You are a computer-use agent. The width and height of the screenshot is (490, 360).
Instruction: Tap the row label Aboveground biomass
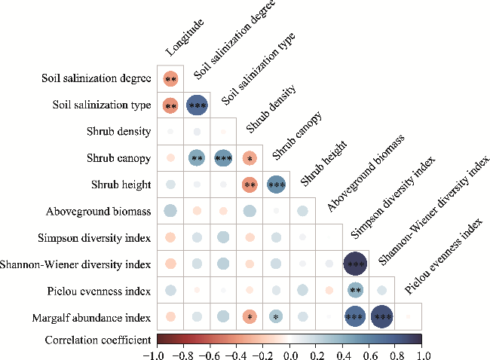tap(98, 211)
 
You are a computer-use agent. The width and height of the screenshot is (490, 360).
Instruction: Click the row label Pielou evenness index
tap(102, 290)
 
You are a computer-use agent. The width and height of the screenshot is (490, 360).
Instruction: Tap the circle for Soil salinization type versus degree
tap(197, 105)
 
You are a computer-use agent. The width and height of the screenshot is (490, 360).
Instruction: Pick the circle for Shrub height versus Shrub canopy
tap(276, 185)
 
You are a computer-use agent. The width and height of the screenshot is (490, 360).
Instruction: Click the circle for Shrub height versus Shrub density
tap(250, 185)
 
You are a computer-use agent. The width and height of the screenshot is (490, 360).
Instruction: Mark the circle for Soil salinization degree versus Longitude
tap(170, 79)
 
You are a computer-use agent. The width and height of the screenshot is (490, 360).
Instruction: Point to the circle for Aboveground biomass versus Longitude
tap(170, 211)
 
